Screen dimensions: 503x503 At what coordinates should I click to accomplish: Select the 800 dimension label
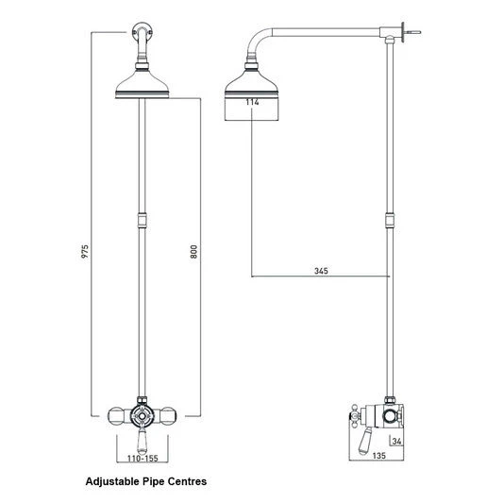[193, 252]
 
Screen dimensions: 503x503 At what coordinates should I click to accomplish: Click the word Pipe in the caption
[153, 481]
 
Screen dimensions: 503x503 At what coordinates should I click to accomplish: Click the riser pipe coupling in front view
[142, 224]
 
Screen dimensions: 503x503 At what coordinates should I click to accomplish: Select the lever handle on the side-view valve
[360, 437]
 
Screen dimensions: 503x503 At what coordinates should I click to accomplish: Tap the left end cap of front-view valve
[114, 414]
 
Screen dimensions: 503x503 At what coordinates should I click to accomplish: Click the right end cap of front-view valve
[169, 414]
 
